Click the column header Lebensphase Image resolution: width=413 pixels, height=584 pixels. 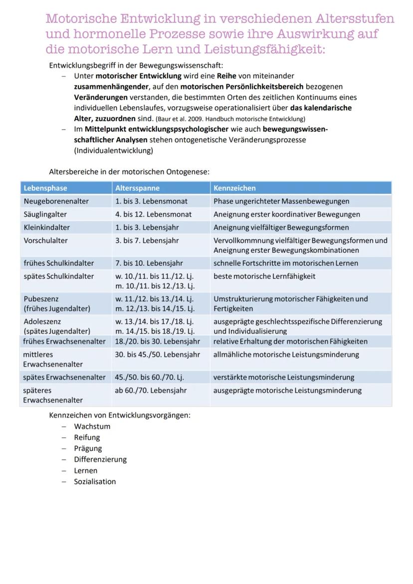click(x=45, y=188)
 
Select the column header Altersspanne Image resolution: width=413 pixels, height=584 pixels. click(x=138, y=188)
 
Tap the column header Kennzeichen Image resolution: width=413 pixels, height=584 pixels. click(x=234, y=188)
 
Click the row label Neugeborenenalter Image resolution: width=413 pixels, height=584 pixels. click(x=56, y=201)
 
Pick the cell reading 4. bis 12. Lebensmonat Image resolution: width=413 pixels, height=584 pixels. click(x=153, y=214)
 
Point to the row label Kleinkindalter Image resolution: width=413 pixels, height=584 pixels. click(x=47, y=227)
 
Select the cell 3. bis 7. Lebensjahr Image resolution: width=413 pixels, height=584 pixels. click(x=147, y=240)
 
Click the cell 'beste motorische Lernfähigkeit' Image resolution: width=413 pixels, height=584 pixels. click(x=264, y=276)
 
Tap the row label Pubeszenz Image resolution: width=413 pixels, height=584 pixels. click(x=41, y=299)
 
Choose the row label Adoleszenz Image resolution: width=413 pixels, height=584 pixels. click(x=42, y=322)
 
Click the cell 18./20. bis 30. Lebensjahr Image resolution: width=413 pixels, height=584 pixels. click(x=157, y=342)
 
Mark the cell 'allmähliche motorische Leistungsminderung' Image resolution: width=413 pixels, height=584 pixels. click(x=286, y=355)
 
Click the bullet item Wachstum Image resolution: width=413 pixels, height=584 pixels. click(x=92, y=426)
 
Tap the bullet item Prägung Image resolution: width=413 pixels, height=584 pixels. click(x=88, y=448)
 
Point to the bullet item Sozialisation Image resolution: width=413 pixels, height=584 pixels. click(x=95, y=481)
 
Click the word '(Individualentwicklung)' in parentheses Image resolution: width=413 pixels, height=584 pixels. click(x=113, y=150)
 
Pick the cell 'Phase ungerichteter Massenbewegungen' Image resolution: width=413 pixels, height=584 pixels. click(x=281, y=201)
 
